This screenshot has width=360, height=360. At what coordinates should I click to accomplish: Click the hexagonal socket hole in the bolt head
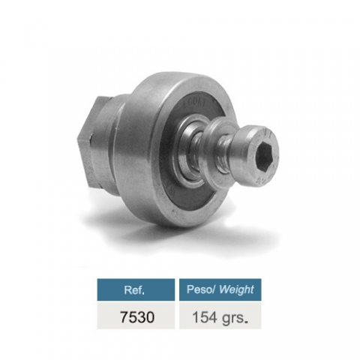266,154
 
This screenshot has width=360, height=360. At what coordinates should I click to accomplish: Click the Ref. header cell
136,289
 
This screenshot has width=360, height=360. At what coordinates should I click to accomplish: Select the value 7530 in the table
137,317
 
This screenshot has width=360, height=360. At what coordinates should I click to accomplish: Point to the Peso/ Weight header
220,289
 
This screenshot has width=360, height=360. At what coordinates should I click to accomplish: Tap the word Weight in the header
237,289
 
